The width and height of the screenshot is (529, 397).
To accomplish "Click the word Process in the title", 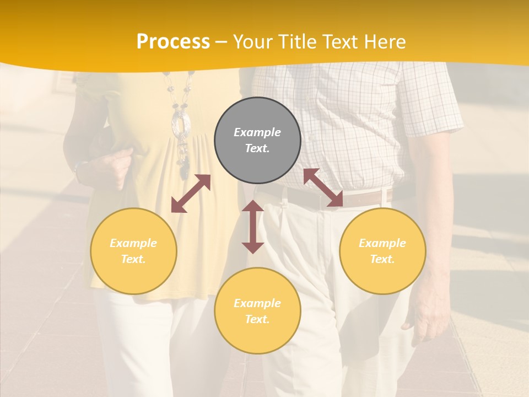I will (x=173, y=42).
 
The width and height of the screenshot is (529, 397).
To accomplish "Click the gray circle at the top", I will (x=257, y=140).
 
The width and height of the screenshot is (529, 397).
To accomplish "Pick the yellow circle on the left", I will (x=133, y=251).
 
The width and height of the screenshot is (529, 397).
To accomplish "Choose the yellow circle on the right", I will (x=382, y=251).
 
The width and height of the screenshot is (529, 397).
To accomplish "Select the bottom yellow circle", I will (x=257, y=310).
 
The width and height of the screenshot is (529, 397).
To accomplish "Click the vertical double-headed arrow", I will (x=253, y=227).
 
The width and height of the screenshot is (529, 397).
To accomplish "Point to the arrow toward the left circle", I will (x=191, y=194).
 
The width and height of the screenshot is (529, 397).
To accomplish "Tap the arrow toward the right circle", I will (x=323, y=187).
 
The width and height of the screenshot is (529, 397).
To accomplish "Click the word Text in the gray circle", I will (x=257, y=148).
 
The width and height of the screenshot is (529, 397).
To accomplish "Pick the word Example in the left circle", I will (x=133, y=243).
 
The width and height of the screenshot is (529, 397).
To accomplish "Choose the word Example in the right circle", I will (x=382, y=243).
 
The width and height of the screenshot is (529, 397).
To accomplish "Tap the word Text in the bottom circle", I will (x=257, y=319).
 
